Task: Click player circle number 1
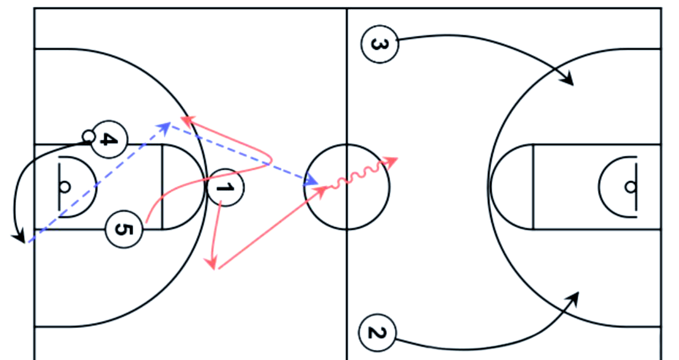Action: click(226, 187)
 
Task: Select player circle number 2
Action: click(377, 333)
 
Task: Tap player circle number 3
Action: click(379, 44)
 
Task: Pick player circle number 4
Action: click(109, 139)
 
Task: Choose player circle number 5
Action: click(124, 229)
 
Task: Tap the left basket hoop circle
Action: click(65, 187)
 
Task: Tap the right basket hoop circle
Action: click(631, 187)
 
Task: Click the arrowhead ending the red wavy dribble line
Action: click(391, 161)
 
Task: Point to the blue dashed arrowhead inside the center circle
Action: click(312, 180)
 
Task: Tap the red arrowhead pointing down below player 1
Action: click(211, 263)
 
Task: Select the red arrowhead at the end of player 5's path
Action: click(188, 121)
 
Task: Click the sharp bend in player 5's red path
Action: click(270, 160)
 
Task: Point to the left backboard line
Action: click(59, 187)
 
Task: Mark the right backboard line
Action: click(636, 187)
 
